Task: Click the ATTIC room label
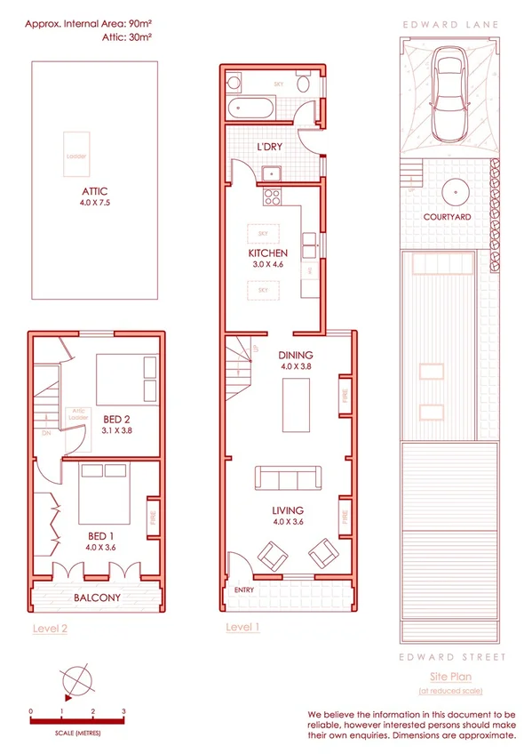(x=94, y=191)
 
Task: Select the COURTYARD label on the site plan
(x=447, y=216)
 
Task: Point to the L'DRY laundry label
(x=270, y=146)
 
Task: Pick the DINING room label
(x=297, y=355)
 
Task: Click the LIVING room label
(x=288, y=510)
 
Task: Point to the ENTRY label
(x=243, y=590)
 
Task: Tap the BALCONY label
(x=97, y=598)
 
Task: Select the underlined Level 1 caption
(x=242, y=626)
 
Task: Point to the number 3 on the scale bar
(x=123, y=711)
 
